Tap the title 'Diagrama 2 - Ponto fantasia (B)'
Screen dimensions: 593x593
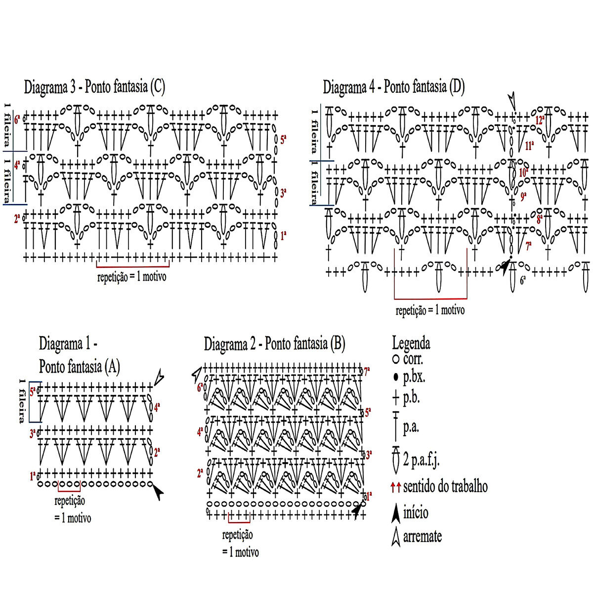click(275, 343)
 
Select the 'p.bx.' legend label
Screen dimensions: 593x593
click(414, 378)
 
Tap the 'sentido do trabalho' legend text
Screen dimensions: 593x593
click(445, 487)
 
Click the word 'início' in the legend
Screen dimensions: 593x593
click(416, 512)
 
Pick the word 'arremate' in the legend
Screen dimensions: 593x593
click(422, 536)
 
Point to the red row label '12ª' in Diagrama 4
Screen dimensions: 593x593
click(540, 120)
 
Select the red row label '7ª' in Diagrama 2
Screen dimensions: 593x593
click(367, 370)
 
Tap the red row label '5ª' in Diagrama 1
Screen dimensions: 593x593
click(32, 392)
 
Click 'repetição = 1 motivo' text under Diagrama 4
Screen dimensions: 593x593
click(430, 311)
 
